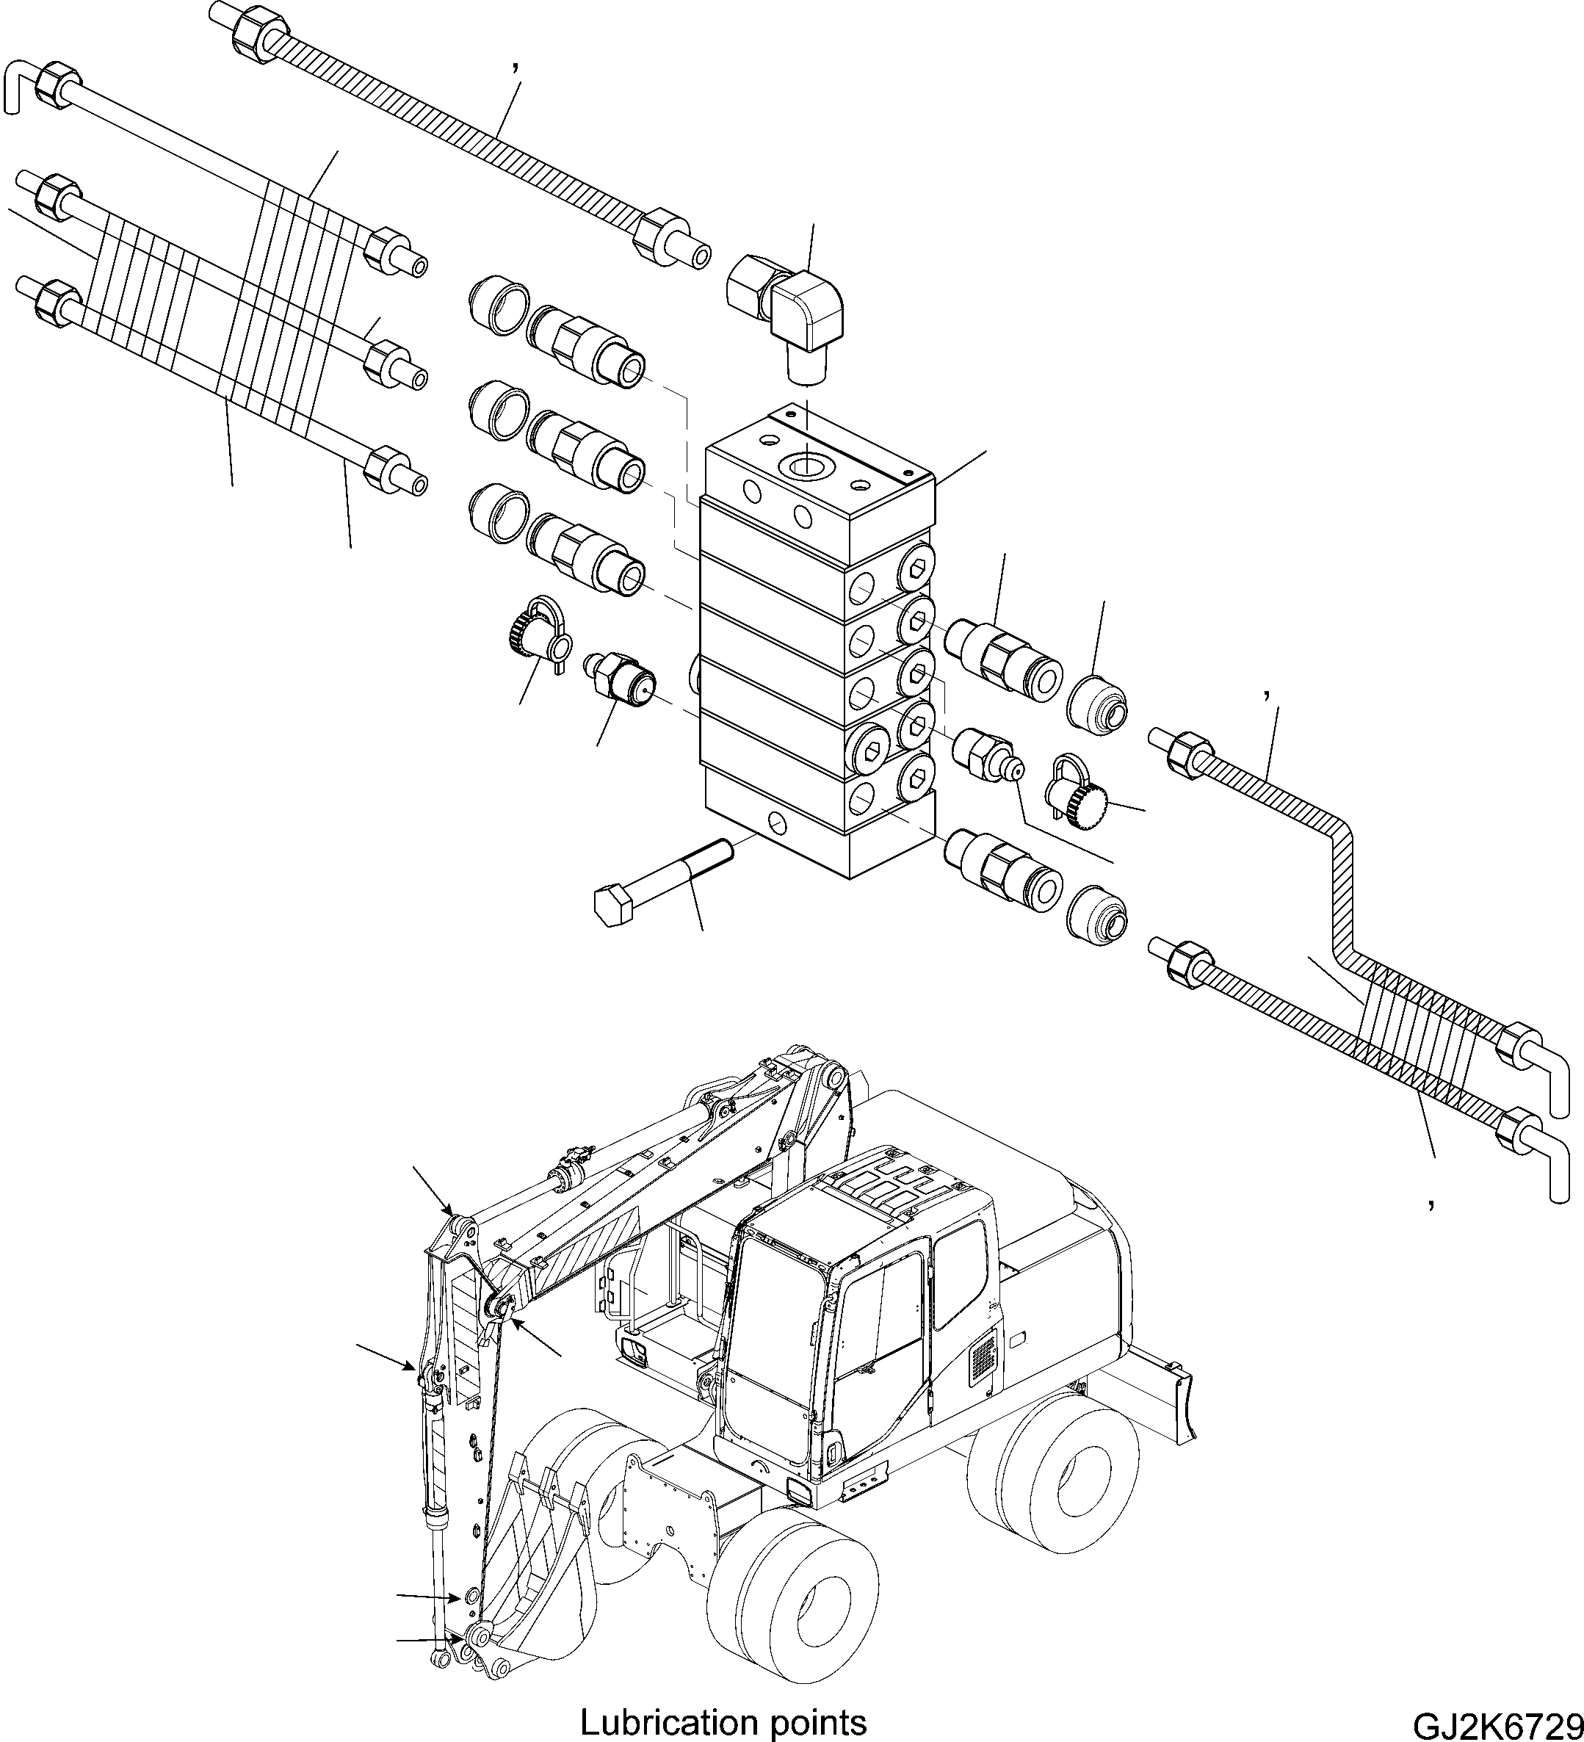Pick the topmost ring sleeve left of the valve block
coord(497,307)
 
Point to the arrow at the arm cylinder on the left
coord(386,1356)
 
